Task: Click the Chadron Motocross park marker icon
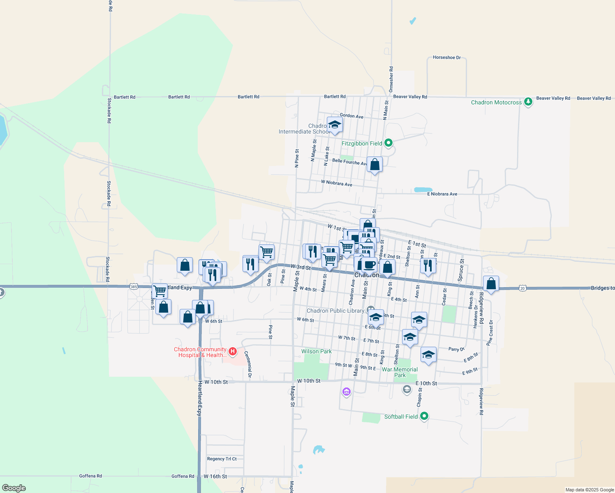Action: point(528,102)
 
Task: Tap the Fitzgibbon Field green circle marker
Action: point(388,143)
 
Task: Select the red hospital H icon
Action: point(232,351)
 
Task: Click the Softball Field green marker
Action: point(424,416)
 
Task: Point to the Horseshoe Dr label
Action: point(446,58)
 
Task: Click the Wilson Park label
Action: point(316,351)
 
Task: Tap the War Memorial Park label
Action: point(400,372)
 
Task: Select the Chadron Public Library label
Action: point(335,311)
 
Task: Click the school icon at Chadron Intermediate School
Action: point(335,125)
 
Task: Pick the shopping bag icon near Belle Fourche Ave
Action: point(375,165)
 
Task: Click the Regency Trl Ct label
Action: point(222,459)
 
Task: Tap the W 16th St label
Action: point(215,477)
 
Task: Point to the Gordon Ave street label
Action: point(351,116)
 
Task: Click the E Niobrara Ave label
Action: point(442,194)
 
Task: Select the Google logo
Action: point(14,488)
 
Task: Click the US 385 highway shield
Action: point(134,286)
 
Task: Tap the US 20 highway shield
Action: point(522,288)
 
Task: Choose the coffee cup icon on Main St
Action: point(369,265)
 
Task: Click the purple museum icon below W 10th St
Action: point(347,392)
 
